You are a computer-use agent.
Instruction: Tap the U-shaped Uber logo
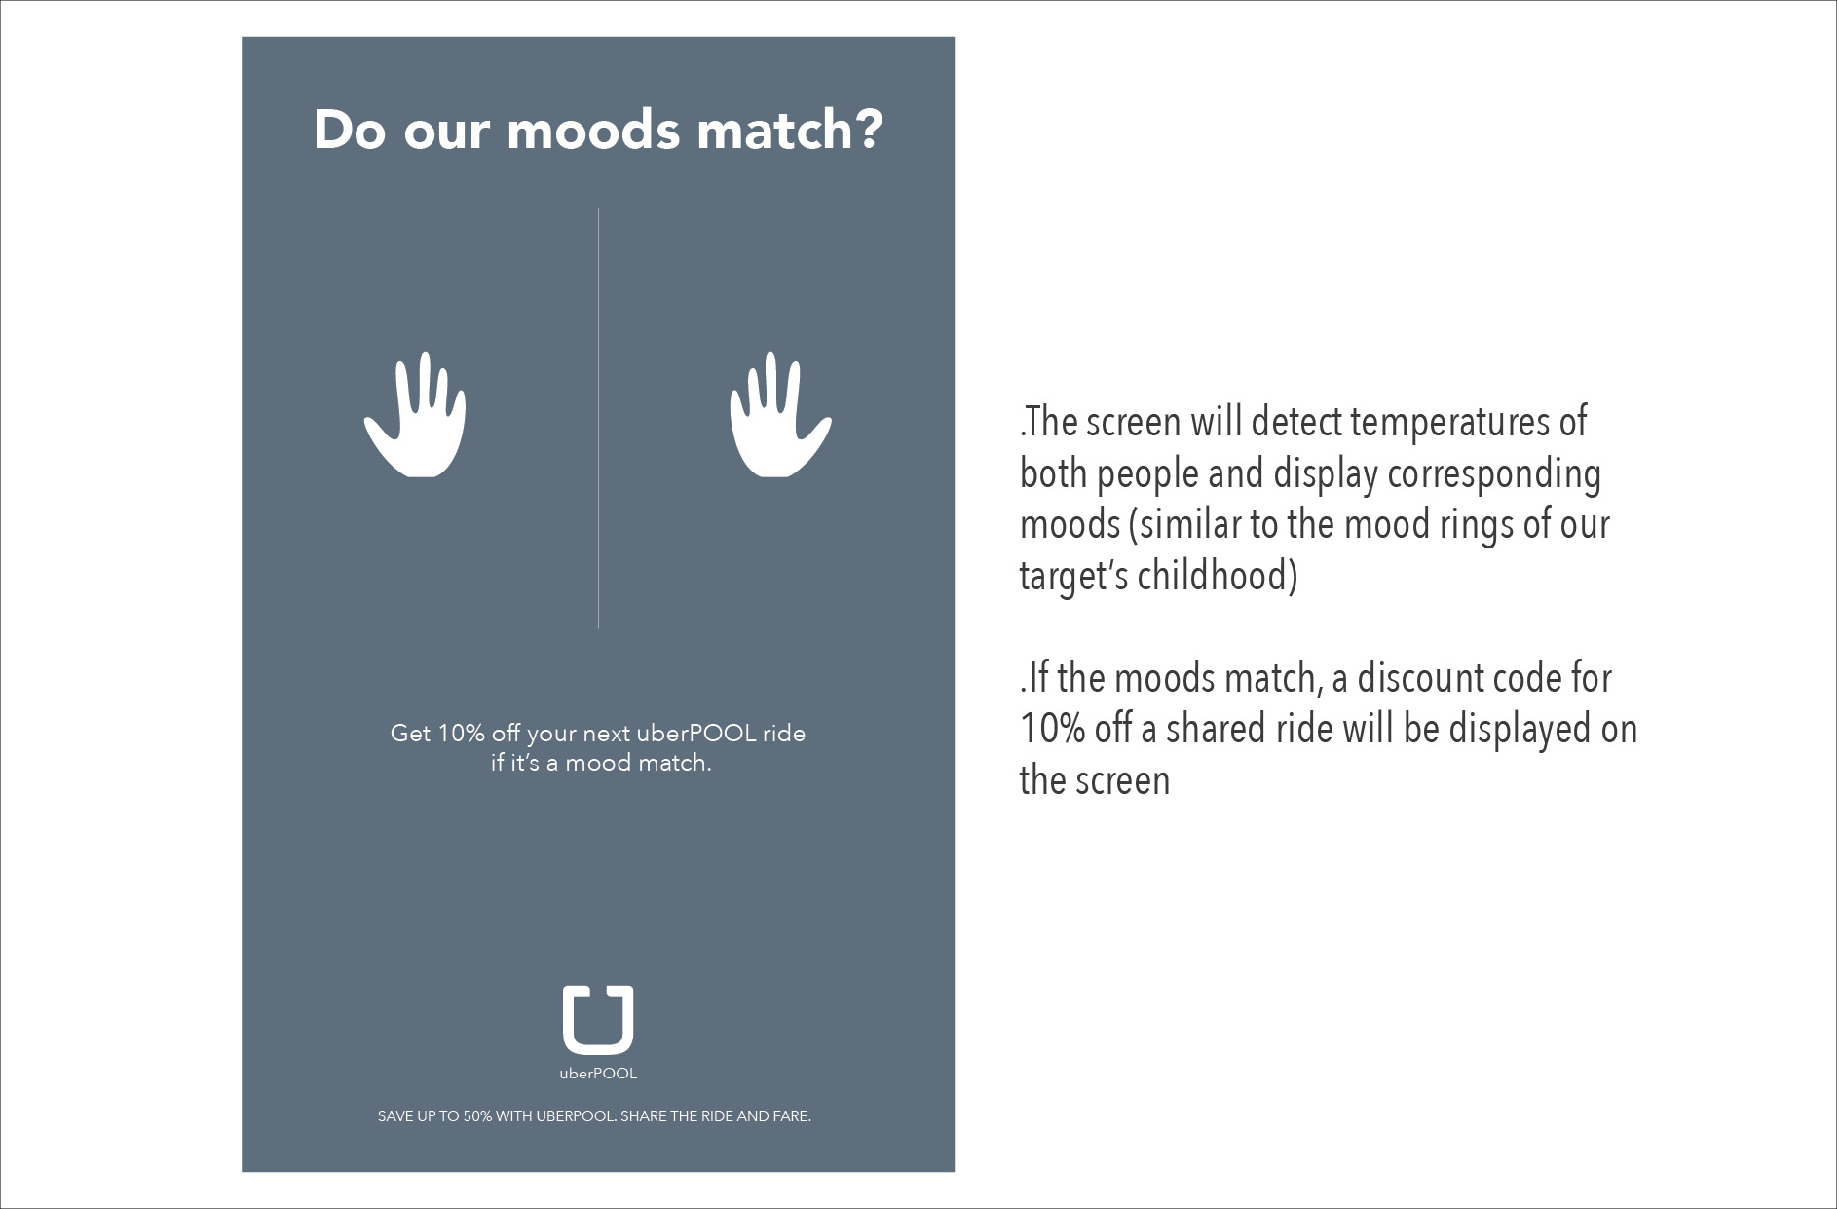click(598, 1020)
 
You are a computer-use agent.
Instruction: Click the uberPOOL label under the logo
click(598, 1074)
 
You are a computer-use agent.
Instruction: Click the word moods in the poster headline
click(593, 132)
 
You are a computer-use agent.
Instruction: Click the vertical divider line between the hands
click(598, 418)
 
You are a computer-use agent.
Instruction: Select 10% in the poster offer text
click(461, 734)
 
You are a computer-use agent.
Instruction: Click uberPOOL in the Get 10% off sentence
click(696, 734)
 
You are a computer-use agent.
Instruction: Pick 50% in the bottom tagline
click(477, 1116)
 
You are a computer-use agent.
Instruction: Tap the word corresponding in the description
click(1494, 474)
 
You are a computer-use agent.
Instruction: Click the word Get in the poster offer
click(410, 734)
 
